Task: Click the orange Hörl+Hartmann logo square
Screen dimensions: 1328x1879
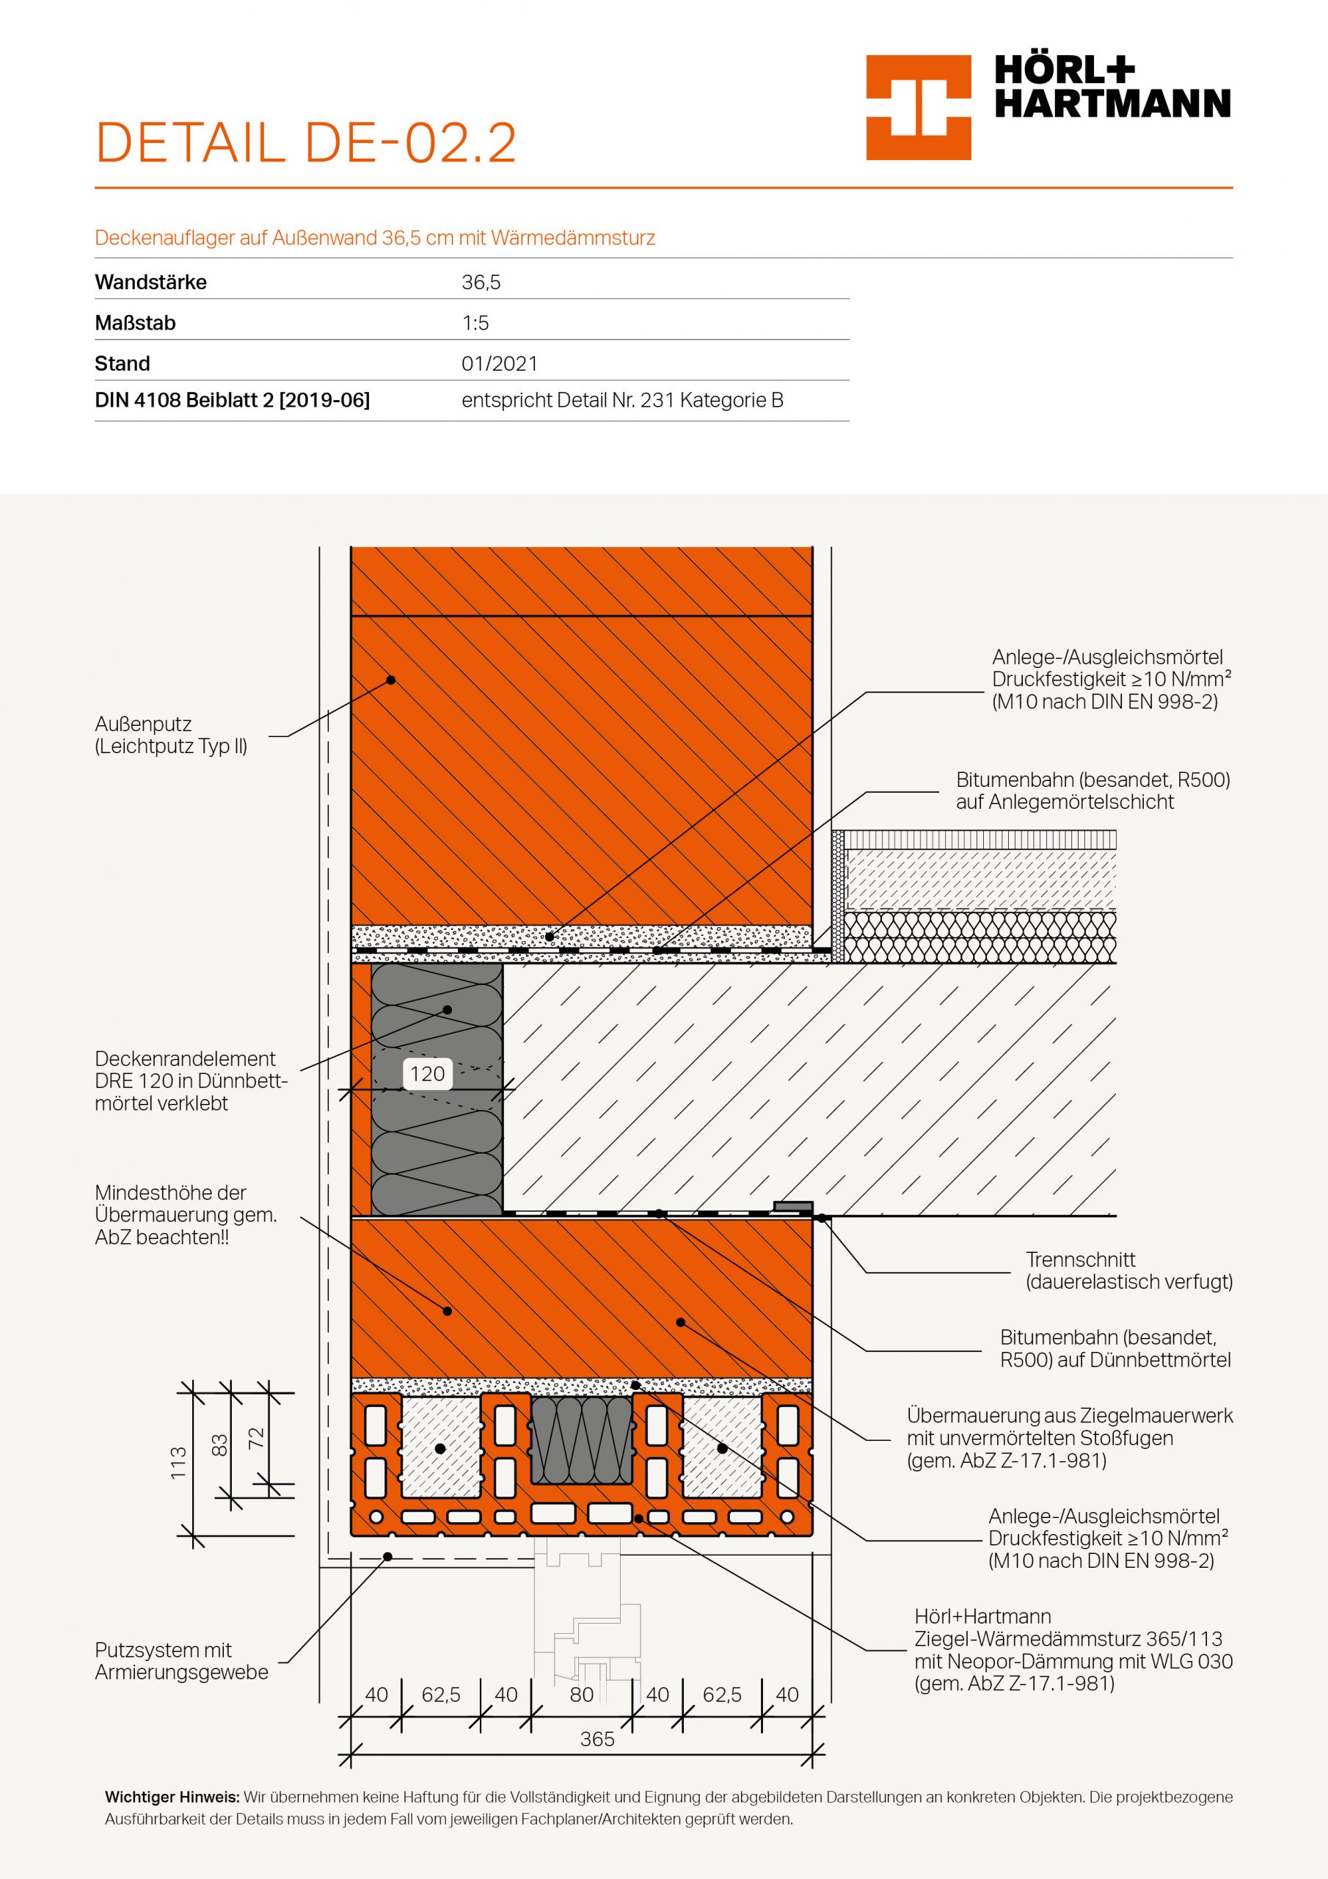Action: [x=918, y=107]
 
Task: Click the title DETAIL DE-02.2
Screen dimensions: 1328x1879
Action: [x=305, y=142]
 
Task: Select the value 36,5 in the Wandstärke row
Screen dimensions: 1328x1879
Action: [x=481, y=283]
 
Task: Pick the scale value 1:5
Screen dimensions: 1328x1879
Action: [x=475, y=323]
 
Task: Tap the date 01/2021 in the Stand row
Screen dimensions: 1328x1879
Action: [x=499, y=363]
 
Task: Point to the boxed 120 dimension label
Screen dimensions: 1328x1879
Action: [x=427, y=1074]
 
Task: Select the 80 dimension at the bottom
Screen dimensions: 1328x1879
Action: [x=582, y=1695]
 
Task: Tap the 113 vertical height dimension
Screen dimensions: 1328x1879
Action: [x=178, y=1464]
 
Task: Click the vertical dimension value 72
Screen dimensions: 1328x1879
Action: [x=256, y=1438]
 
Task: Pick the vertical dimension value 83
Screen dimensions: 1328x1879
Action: [x=219, y=1446]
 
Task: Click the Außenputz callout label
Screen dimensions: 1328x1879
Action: [x=171, y=735]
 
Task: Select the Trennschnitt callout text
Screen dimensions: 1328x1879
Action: [x=1129, y=1271]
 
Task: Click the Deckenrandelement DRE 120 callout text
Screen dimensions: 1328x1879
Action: [x=191, y=1080]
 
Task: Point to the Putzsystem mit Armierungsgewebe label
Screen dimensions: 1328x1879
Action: [x=182, y=1660]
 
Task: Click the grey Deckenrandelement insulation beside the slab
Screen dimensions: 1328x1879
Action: [x=437, y=1089]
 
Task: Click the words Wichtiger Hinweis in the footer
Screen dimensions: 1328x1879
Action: [x=172, y=1798]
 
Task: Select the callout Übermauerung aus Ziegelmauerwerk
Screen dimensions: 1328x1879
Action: [x=1070, y=1438]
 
